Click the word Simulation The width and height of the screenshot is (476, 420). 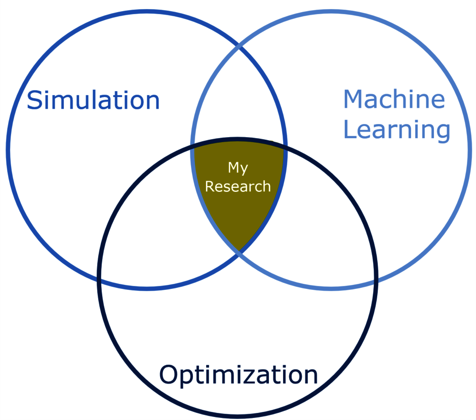[x=93, y=100]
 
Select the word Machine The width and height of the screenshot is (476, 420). [x=394, y=99]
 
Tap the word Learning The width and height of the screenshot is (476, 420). [x=396, y=130]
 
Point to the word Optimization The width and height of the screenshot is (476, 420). [x=239, y=375]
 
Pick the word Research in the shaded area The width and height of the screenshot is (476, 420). [x=238, y=187]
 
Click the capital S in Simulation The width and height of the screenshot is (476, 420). [x=34, y=100]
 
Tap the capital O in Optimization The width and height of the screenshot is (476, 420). [x=169, y=375]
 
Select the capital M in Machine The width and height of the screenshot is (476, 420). [x=354, y=99]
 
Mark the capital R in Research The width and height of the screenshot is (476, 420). [x=209, y=187]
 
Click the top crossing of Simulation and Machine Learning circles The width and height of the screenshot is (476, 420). [x=240, y=46]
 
